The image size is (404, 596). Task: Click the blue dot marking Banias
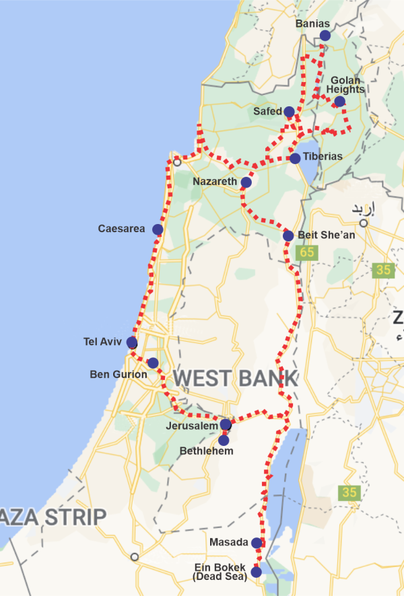click(325, 35)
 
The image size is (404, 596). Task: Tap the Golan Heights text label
click(345, 85)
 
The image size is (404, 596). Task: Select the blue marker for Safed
click(289, 111)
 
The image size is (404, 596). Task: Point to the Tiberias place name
click(322, 157)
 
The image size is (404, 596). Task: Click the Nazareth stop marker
click(246, 182)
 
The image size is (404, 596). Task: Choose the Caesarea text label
click(121, 229)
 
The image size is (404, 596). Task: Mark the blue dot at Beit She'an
click(288, 235)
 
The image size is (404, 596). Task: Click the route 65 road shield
click(308, 252)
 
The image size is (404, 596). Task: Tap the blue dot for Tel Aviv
click(131, 342)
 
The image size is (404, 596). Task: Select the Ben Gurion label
click(118, 374)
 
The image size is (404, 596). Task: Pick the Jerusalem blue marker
click(226, 424)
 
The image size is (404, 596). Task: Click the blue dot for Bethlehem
click(224, 440)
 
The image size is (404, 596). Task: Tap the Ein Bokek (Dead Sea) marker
click(256, 572)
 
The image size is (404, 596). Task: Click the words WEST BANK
click(235, 379)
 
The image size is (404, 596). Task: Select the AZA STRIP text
click(53, 517)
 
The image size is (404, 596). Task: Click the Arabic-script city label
click(363, 209)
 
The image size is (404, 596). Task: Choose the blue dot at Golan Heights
click(339, 102)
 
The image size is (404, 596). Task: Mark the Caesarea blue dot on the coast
click(158, 229)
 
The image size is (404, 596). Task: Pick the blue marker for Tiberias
click(295, 158)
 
